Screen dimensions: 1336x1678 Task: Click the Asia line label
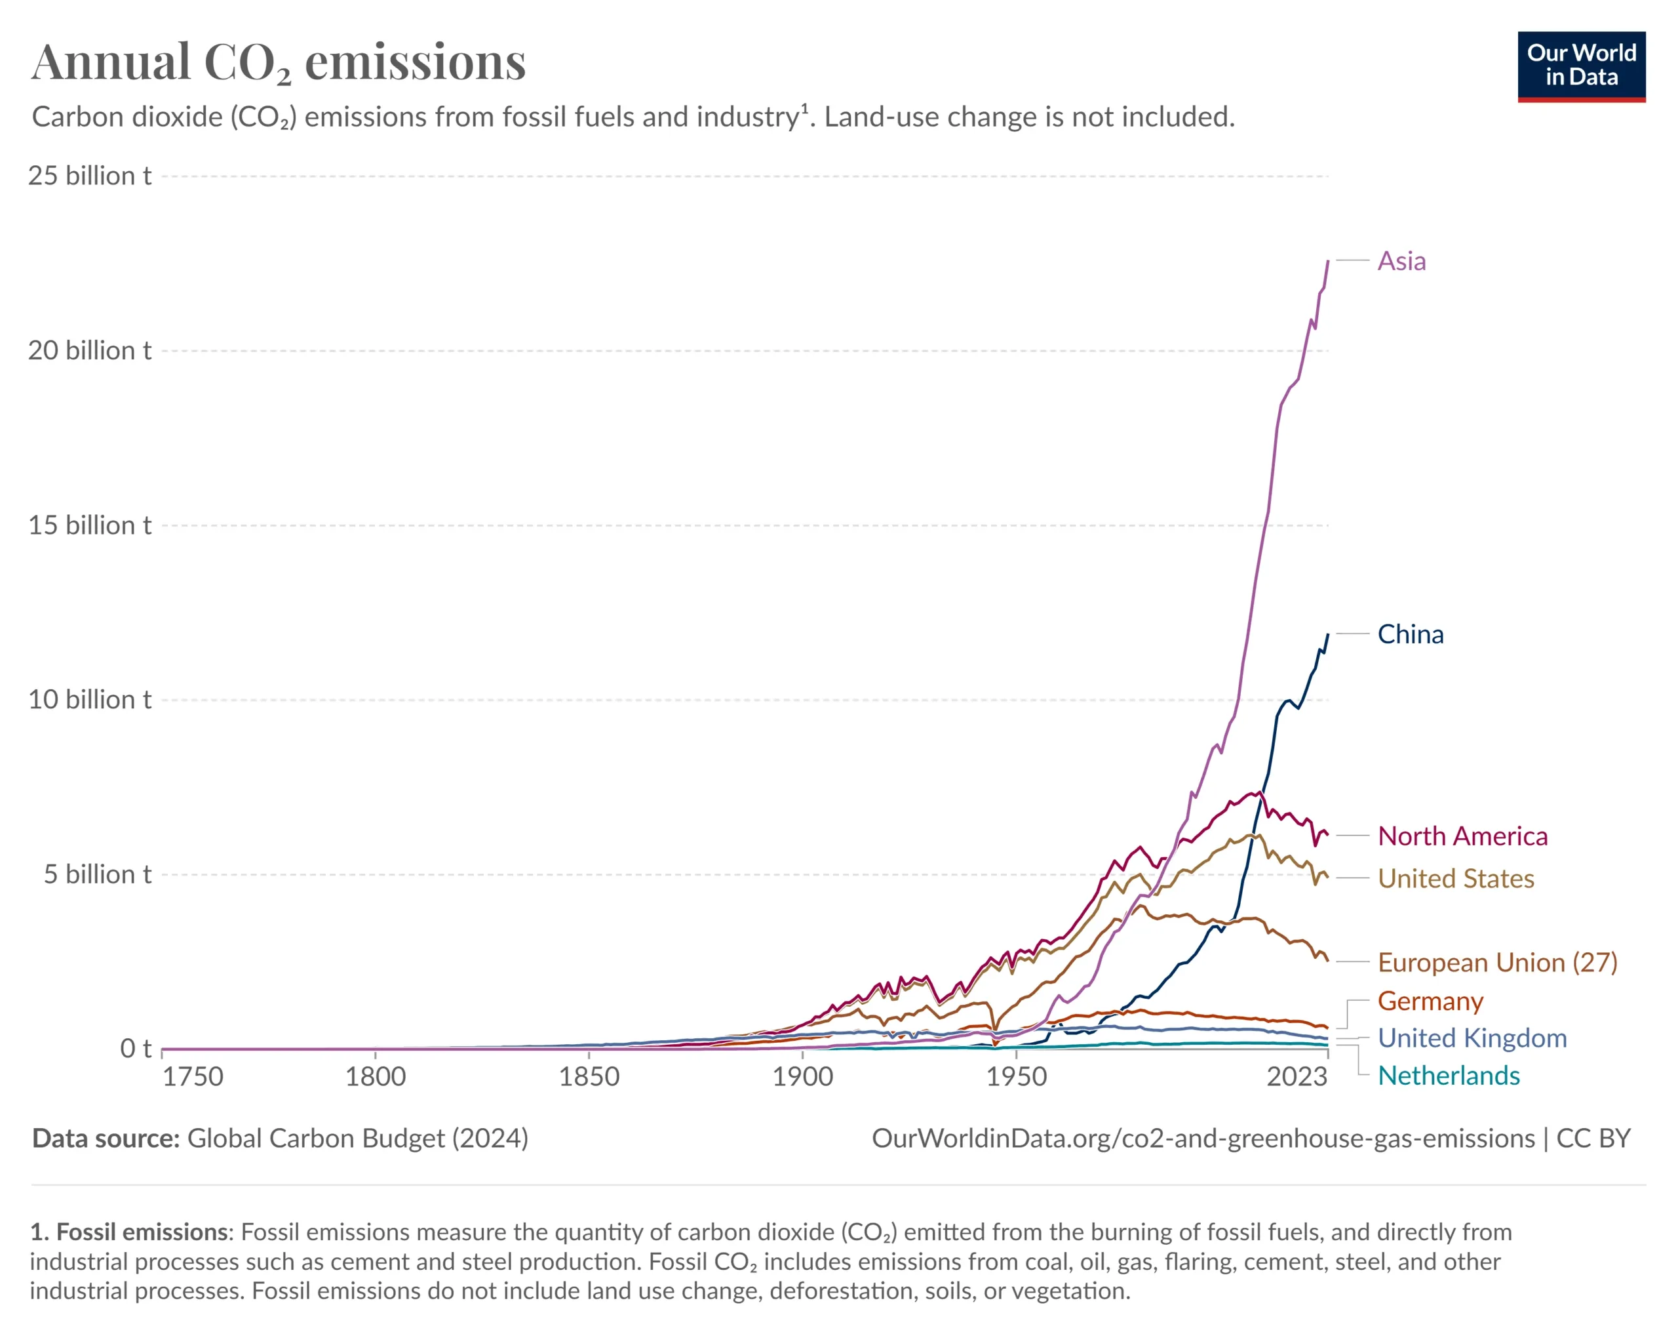(1401, 261)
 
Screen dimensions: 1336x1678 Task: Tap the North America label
(1462, 836)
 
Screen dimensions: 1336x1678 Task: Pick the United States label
(1455, 878)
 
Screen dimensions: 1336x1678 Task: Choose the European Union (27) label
(1496, 962)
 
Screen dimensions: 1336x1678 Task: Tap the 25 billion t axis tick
(90, 176)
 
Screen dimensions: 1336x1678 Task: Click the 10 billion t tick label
(90, 699)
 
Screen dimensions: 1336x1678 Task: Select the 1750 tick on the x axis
(192, 1077)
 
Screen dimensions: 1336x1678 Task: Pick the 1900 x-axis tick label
(802, 1077)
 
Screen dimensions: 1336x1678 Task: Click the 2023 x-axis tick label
(1296, 1077)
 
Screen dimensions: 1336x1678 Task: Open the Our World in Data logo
(1581, 66)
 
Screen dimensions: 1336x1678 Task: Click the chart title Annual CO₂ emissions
(279, 62)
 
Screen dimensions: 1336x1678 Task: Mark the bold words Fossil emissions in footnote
(144, 1232)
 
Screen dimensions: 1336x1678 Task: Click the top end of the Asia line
(1328, 262)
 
